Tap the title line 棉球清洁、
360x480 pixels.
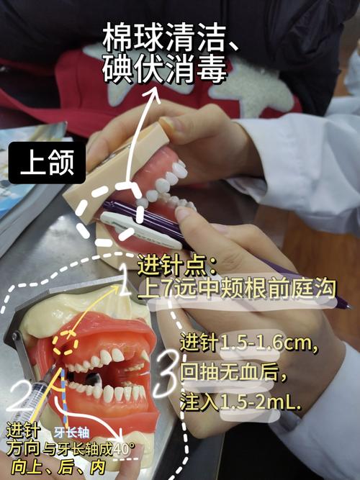click(171, 37)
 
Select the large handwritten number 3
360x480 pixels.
click(167, 374)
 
